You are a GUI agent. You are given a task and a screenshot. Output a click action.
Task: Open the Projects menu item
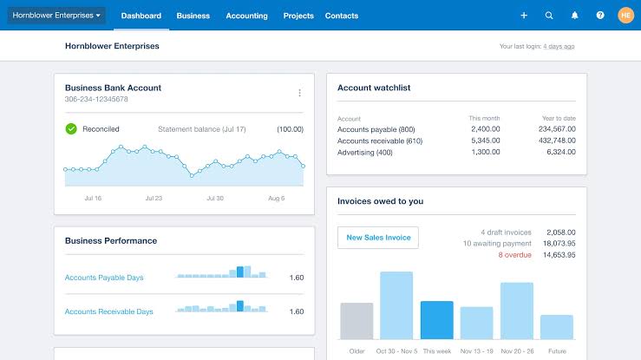click(x=298, y=16)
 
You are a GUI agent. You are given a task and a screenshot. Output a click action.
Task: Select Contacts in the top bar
click(x=343, y=16)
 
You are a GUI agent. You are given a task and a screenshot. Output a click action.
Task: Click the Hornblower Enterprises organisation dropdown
click(x=56, y=16)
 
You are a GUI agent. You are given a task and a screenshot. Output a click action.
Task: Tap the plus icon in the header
click(x=524, y=16)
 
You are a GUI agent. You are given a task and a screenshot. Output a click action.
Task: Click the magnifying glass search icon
click(x=549, y=16)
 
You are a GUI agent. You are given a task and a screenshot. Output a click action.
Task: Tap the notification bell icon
click(x=574, y=16)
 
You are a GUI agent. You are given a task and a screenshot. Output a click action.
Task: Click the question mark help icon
click(x=599, y=16)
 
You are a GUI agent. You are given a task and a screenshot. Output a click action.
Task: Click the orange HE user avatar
click(x=625, y=16)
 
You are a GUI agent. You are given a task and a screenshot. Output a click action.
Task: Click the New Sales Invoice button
click(x=377, y=238)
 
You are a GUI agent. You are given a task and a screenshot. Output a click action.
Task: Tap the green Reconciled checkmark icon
click(x=71, y=128)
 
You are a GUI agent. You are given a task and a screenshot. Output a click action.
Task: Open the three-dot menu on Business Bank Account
click(x=300, y=93)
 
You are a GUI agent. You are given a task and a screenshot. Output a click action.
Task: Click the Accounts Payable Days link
click(x=104, y=278)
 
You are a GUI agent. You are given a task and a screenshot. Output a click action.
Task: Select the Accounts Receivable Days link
click(x=108, y=311)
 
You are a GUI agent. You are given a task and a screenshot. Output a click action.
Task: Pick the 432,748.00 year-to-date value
click(x=556, y=141)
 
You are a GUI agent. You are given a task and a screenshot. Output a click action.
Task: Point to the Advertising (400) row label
click(x=365, y=153)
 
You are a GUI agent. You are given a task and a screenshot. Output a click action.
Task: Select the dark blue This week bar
click(x=437, y=320)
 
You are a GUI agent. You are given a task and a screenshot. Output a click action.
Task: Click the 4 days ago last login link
click(x=559, y=46)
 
